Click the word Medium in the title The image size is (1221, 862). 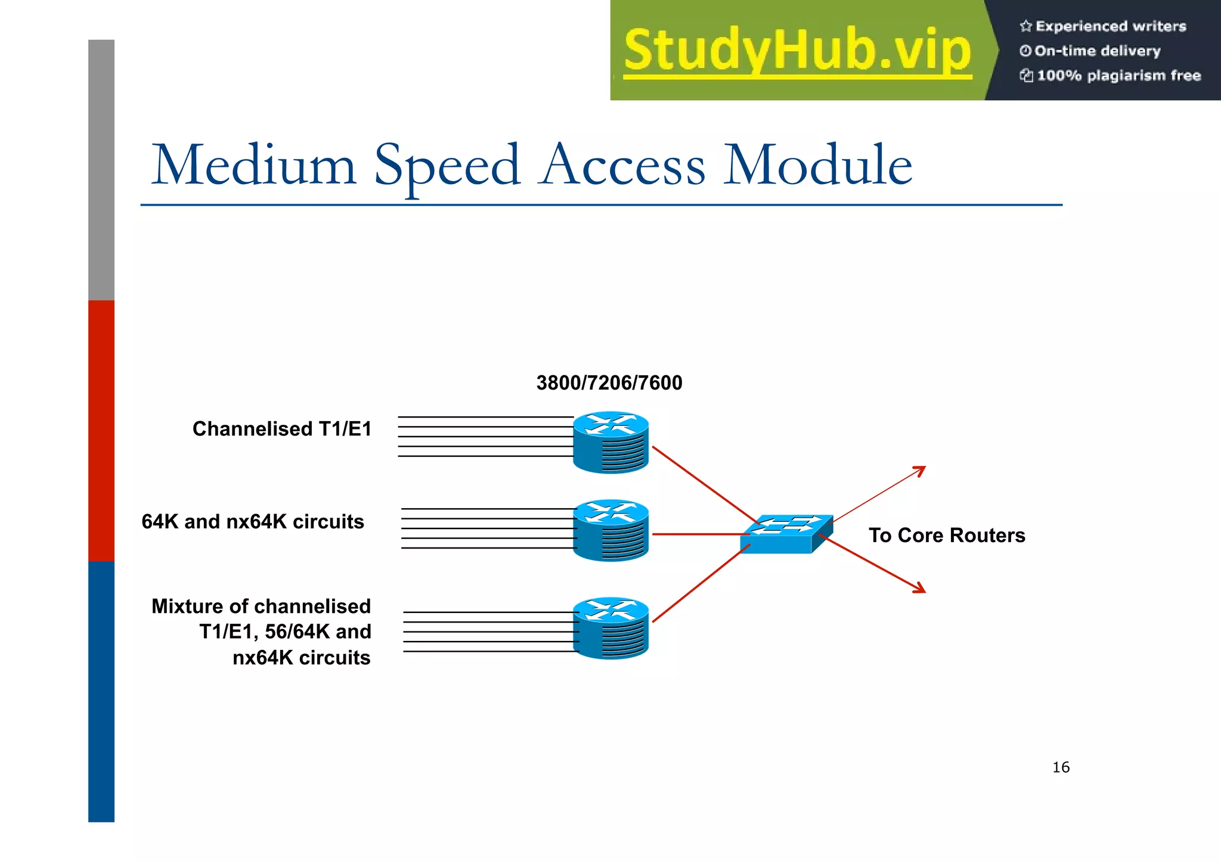pyautogui.click(x=253, y=166)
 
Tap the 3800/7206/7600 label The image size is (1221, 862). pyautogui.click(x=609, y=382)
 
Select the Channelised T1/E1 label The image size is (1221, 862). pyautogui.click(x=281, y=429)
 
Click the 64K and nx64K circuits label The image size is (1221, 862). pyautogui.click(x=252, y=522)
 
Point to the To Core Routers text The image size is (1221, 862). pyautogui.click(x=947, y=535)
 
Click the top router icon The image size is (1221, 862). pyautogui.click(x=610, y=442)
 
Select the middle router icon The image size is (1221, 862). pyautogui.click(x=610, y=530)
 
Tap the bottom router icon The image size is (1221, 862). pyautogui.click(x=610, y=628)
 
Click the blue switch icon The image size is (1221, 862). pyautogui.click(x=786, y=534)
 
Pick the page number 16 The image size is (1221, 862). pyautogui.click(x=1061, y=767)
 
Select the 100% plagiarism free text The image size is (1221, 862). pyautogui.click(x=1118, y=76)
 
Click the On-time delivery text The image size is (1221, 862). pyautogui.click(x=1097, y=51)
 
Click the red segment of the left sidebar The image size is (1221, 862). pyautogui.click(x=101, y=430)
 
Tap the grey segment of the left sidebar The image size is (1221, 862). pyautogui.click(x=101, y=170)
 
